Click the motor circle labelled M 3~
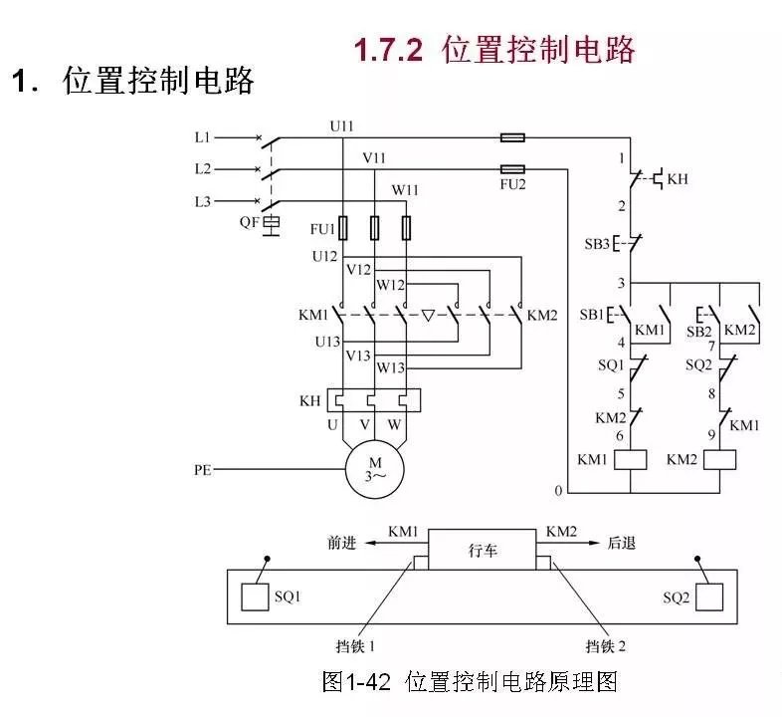375,468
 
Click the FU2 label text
513,184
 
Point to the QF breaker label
249,222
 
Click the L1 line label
203,136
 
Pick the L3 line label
203,201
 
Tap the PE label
204,467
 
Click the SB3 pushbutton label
596,243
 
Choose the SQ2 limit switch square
709,597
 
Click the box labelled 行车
483,550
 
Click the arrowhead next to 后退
599,544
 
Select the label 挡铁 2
607,646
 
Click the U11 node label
342,125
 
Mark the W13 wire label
391,367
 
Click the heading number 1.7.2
389,50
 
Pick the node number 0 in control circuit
558,491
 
